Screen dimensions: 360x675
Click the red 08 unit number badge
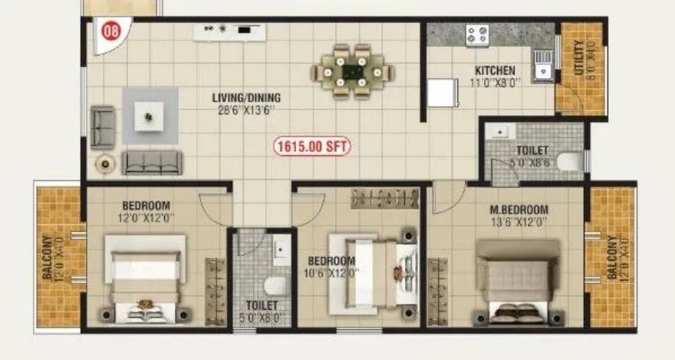[111, 32]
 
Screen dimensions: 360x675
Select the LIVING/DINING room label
[247, 97]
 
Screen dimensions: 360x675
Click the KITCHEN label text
[495, 71]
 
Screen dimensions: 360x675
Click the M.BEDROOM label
[520, 210]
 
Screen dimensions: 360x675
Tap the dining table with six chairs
[353, 71]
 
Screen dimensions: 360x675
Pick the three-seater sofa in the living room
[153, 162]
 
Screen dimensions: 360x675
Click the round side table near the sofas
[104, 163]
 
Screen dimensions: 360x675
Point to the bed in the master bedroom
[517, 282]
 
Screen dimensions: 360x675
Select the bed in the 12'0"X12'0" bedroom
[145, 279]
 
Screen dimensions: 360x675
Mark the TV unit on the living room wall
[223, 30]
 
